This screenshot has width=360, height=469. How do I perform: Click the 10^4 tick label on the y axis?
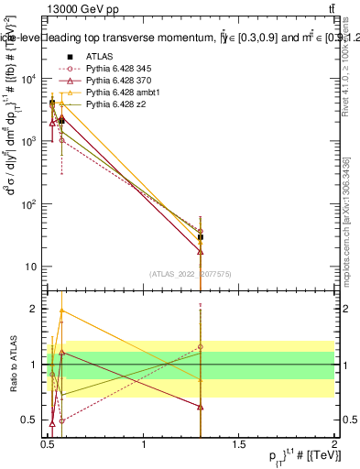pos(29,79)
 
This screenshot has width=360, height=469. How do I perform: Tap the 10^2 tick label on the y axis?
pos(29,204)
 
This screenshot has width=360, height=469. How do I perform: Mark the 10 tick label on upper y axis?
pos(31,267)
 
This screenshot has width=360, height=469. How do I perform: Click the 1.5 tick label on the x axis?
pos(239,443)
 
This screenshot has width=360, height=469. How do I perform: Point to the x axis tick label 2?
pos(333,443)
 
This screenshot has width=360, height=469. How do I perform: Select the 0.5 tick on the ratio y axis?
pos(31,420)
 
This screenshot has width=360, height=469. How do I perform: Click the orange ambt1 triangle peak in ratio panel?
pos(61,311)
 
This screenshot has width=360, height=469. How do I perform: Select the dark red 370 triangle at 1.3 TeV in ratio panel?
pos(201,407)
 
